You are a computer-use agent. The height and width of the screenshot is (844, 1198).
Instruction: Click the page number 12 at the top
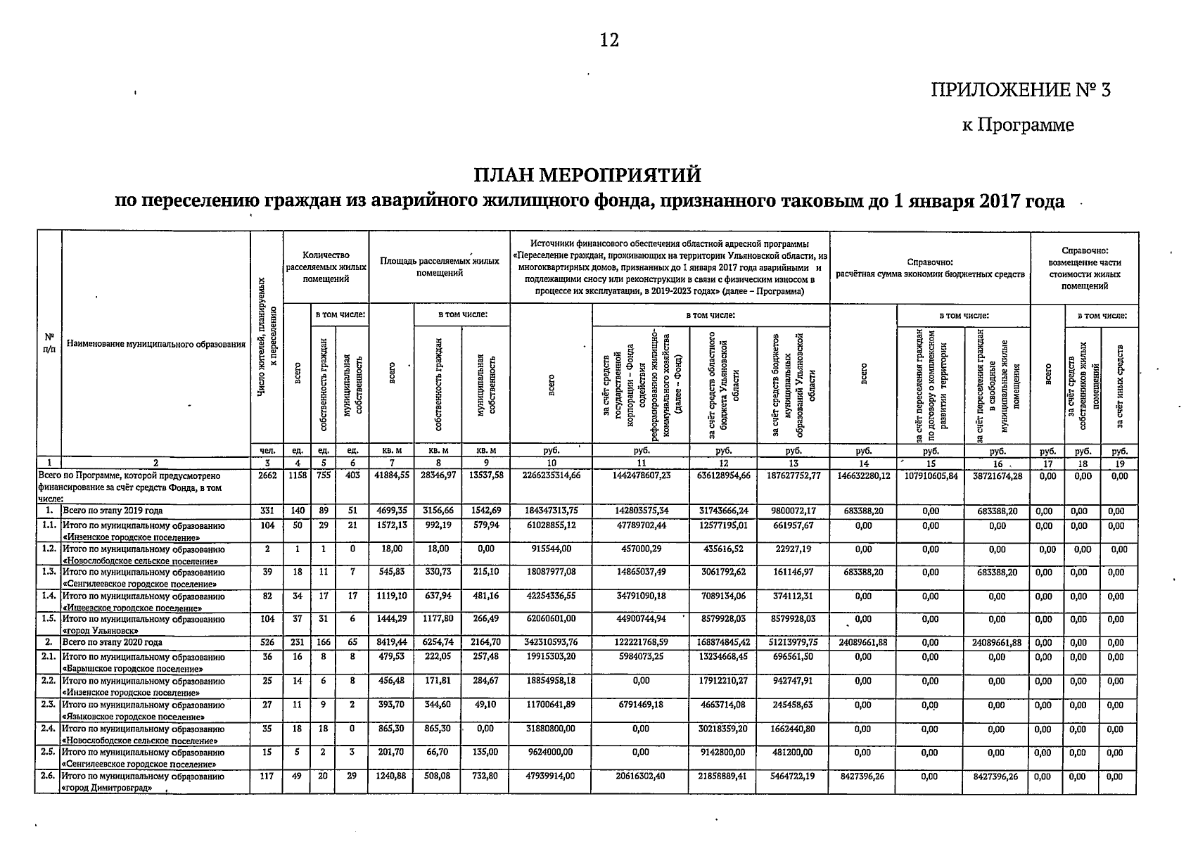[609, 41]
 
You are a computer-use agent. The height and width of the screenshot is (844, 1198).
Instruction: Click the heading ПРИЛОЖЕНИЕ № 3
[1020, 90]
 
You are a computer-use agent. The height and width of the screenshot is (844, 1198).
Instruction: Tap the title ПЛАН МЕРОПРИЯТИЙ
[588, 173]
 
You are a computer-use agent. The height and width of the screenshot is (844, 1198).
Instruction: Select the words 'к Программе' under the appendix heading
[1018, 125]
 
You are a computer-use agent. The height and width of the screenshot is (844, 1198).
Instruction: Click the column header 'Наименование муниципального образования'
[155, 344]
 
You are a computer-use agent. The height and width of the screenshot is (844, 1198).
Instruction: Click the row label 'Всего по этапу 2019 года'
[113, 511]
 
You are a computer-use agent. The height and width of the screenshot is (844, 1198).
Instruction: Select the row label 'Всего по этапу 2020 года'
[113, 643]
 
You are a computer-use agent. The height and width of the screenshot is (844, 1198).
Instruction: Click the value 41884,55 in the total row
[392, 476]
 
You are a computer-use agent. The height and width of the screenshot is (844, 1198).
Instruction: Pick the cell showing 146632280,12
[863, 476]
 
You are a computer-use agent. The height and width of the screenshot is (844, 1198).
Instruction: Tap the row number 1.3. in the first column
[48, 572]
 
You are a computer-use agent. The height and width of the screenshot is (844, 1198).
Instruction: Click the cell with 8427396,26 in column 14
[863, 777]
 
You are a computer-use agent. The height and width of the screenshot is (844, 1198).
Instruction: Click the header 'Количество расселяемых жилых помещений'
[326, 267]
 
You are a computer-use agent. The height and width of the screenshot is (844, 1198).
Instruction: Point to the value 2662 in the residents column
[267, 476]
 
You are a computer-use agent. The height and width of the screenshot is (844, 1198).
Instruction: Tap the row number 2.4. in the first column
[48, 729]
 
